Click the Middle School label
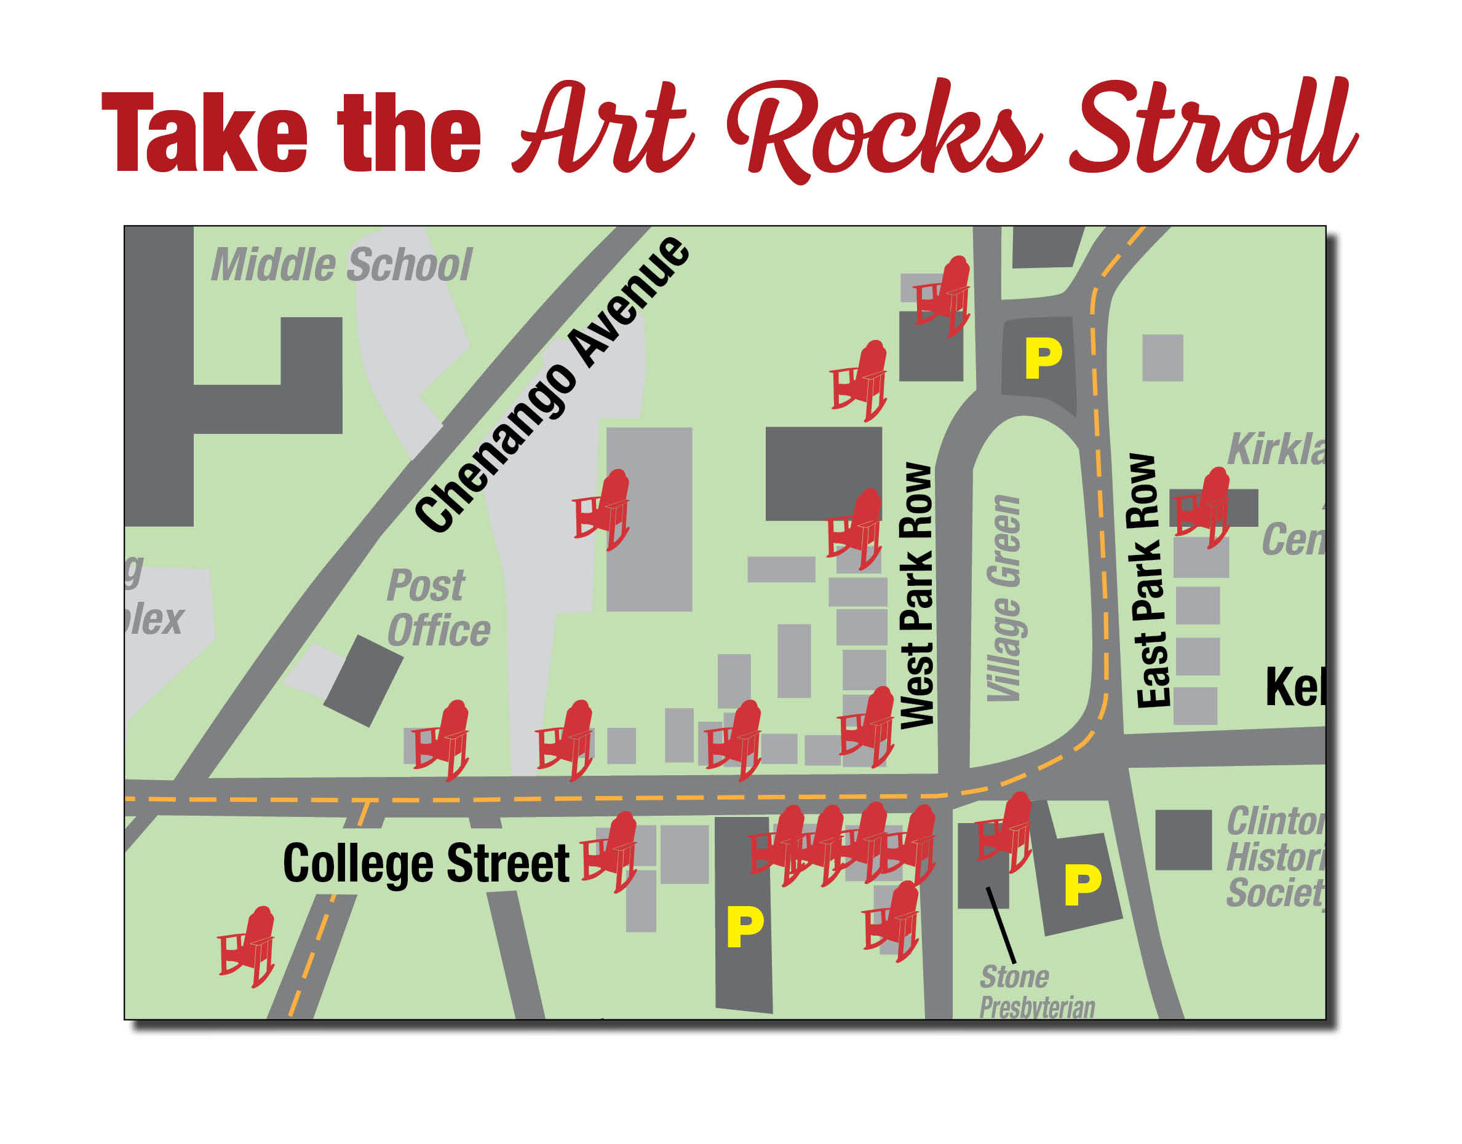pos(342,265)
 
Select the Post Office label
pos(437,609)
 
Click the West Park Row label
pos(916,596)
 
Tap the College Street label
pos(426,864)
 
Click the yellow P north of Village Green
pos(1043,359)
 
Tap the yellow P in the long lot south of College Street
pos(744,928)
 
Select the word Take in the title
pos(204,134)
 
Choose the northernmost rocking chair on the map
pos(944,296)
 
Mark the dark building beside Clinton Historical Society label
pos(1183,840)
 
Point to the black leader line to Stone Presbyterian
pos(1000,925)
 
